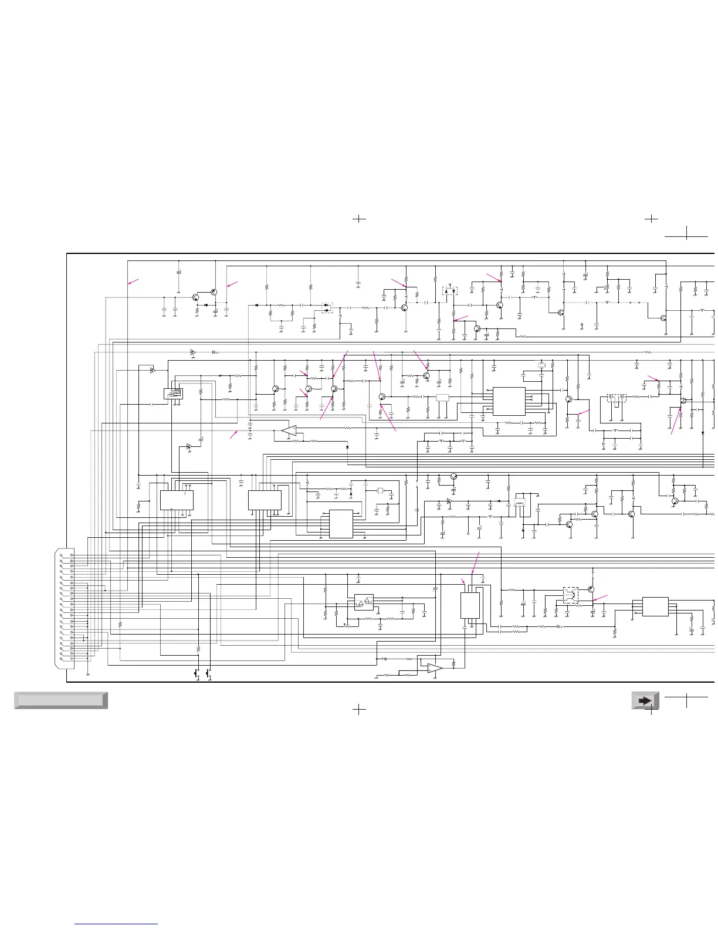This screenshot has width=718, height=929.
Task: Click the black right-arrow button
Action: click(645, 700)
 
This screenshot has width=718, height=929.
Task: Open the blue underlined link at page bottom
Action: click(117, 924)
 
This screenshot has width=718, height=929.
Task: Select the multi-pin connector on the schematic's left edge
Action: click(65, 608)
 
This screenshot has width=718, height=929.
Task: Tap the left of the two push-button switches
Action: click(197, 673)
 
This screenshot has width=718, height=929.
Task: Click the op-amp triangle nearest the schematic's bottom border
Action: click(434, 668)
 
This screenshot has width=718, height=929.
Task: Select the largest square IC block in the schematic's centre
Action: click(509, 401)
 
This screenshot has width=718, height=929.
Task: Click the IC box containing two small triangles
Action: click(364, 602)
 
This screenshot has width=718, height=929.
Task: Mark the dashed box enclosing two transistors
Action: click(570, 595)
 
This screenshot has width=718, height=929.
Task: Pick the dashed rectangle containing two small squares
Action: click(616, 398)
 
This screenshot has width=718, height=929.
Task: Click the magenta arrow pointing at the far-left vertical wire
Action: click(134, 282)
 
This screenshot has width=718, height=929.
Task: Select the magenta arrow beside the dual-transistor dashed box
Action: click(601, 598)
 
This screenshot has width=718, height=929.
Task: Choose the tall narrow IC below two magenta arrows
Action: click(470, 605)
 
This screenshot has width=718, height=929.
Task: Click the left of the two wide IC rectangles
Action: click(177, 500)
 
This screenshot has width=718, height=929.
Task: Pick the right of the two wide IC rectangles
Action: click(265, 500)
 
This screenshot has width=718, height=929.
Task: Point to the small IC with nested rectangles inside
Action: click(172, 394)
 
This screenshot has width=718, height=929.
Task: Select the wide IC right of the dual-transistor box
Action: click(655, 606)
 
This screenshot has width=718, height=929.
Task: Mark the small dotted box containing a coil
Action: click(449, 290)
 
